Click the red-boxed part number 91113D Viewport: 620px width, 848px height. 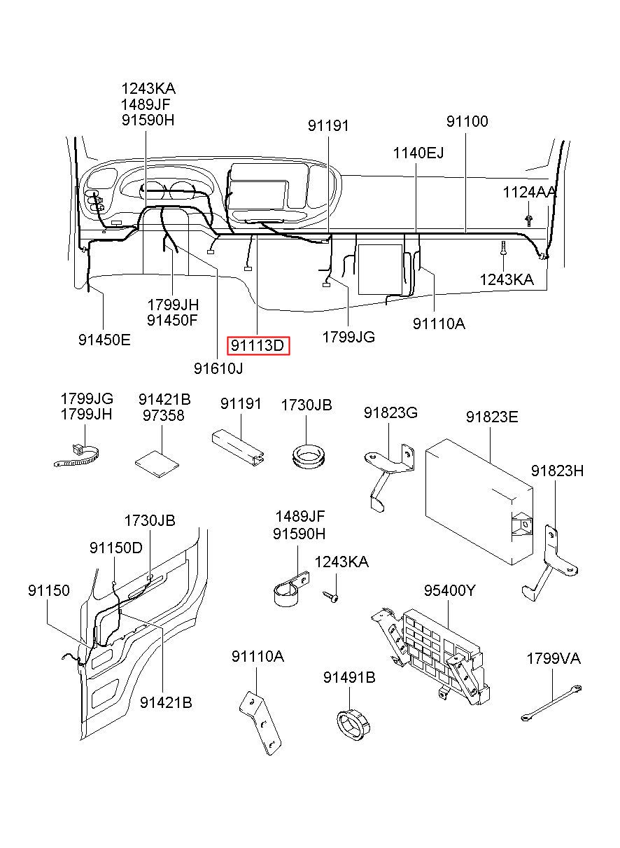pyautogui.click(x=258, y=345)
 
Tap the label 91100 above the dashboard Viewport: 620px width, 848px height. pyautogui.click(x=467, y=121)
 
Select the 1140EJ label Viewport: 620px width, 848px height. pyautogui.click(x=418, y=153)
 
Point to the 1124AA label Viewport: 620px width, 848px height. pyautogui.click(x=530, y=191)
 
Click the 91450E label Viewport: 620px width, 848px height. pyautogui.click(x=104, y=340)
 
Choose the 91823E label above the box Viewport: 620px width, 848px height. pyautogui.click(x=492, y=417)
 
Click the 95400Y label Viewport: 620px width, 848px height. pyautogui.click(x=449, y=591)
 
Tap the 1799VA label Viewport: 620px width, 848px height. pyautogui.click(x=554, y=659)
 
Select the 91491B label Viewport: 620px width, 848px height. pyautogui.click(x=349, y=677)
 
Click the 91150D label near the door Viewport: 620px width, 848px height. pyautogui.click(x=115, y=548)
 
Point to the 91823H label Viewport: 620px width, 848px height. pyautogui.click(x=556, y=471)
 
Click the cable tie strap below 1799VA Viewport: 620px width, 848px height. pyautogui.click(x=550, y=703)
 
